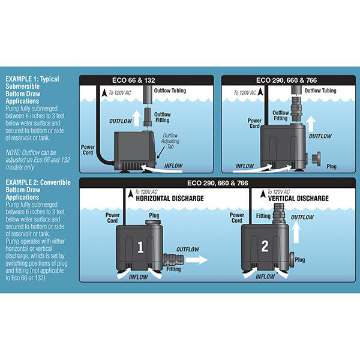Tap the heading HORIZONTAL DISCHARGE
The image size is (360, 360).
[170, 198]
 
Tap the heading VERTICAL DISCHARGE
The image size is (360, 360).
[298, 198]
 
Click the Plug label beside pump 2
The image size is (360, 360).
[301, 260]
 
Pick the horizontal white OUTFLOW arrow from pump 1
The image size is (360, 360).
[193, 260]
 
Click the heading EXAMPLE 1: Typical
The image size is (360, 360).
[29, 79]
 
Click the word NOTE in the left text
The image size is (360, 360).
[12, 152]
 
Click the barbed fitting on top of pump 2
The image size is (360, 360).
[277, 212]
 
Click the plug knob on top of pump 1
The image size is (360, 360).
[152, 223]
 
